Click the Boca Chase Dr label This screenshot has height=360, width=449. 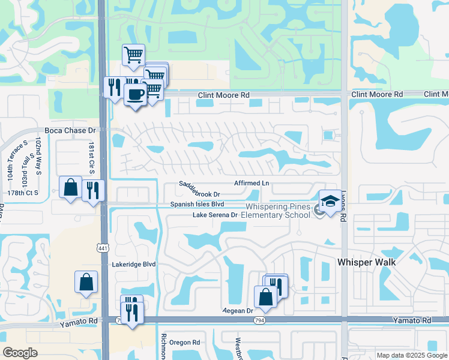click(70, 130)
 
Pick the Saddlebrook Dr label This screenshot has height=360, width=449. click(200, 189)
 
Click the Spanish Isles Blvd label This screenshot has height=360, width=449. click(197, 204)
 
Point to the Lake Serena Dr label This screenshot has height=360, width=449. click(215, 215)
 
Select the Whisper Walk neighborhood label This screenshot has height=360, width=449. click(367, 262)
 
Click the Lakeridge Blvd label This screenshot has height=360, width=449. click(134, 264)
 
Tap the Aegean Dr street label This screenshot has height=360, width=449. click(238, 311)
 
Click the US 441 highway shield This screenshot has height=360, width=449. click(103, 247)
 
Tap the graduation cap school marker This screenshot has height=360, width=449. click(330, 201)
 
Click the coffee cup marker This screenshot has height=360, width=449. click(135, 94)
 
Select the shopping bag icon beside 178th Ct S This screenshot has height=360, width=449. click(71, 187)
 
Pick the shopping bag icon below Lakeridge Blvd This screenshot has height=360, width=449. click(86, 281)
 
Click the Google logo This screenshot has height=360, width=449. click(20, 353)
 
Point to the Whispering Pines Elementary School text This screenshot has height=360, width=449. click(277, 211)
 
